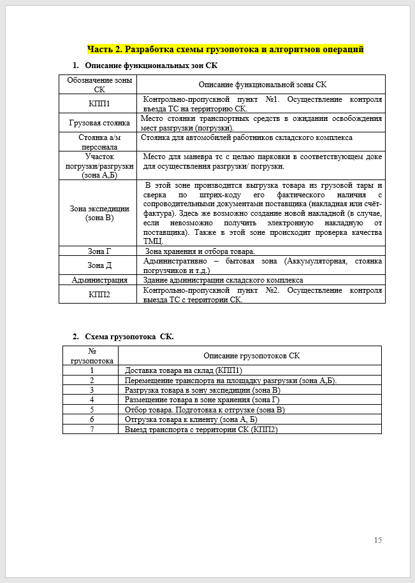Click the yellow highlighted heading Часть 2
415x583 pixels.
pos(225,49)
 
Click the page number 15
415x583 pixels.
pos(377,540)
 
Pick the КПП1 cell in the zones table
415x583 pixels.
pos(99,104)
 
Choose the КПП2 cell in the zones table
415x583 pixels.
pos(99,295)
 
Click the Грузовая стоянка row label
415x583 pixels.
pos(99,123)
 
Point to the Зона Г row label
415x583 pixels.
pos(99,251)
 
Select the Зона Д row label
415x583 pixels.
pos(99,265)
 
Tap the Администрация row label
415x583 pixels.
pos(99,280)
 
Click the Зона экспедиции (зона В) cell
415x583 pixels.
pos(99,213)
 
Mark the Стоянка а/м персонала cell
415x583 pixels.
pos(99,142)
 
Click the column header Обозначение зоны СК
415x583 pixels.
pos(99,85)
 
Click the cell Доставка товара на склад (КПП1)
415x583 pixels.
pos(184,370)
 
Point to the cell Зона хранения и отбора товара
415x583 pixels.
pos(200,251)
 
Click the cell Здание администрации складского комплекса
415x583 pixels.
pos(222,280)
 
